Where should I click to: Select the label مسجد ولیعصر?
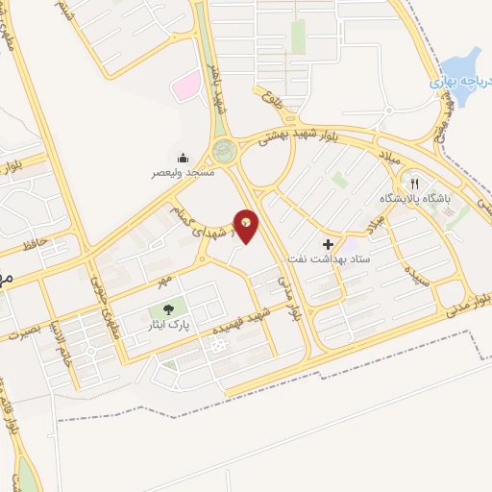coord(182,173)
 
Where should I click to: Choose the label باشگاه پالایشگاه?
coord(401,198)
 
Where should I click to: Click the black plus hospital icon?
coord(328,245)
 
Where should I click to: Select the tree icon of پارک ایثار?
coord(169,310)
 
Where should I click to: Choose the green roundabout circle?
coord(223,150)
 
